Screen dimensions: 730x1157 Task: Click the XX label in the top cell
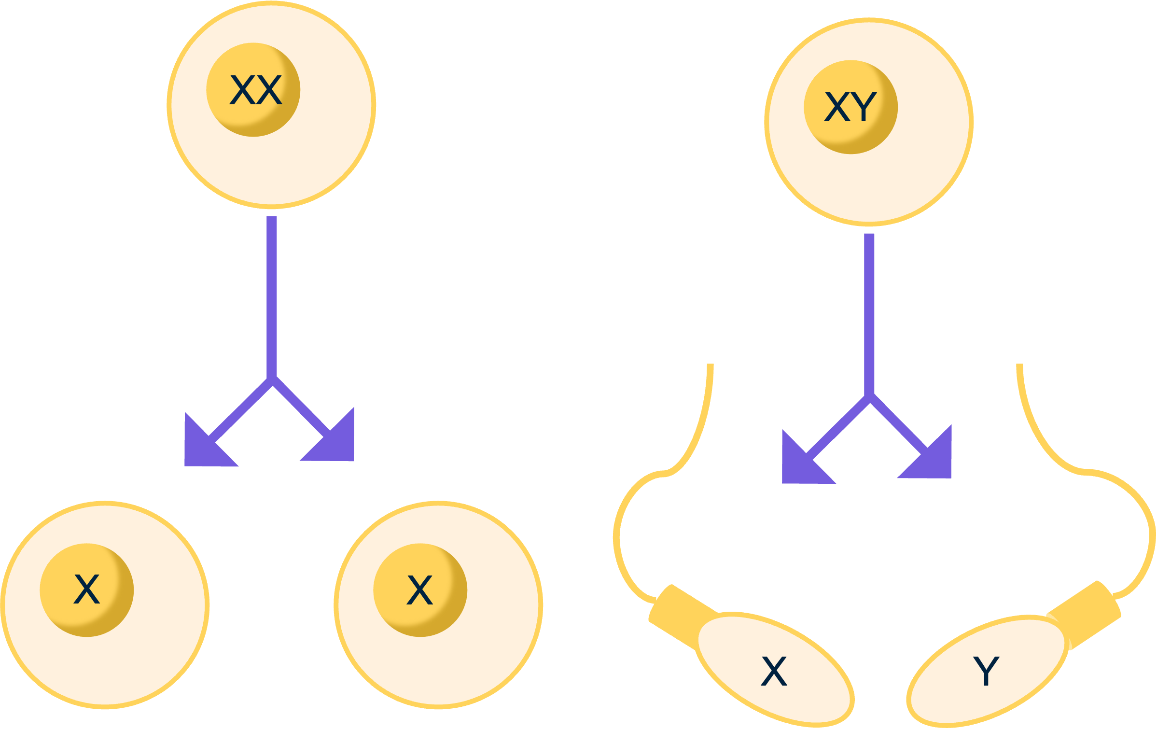(255, 90)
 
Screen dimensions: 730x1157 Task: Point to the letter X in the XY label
(837, 107)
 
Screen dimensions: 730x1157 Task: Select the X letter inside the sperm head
(774, 672)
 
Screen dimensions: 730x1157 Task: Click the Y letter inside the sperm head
(986, 671)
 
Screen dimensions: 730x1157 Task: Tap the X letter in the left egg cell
(87, 590)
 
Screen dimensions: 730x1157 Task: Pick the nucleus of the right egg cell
(420, 590)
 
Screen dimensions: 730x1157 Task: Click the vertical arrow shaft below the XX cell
(272, 295)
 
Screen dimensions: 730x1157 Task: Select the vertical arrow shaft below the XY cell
(869, 314)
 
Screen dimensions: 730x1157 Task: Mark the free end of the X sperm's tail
(710, 367)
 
